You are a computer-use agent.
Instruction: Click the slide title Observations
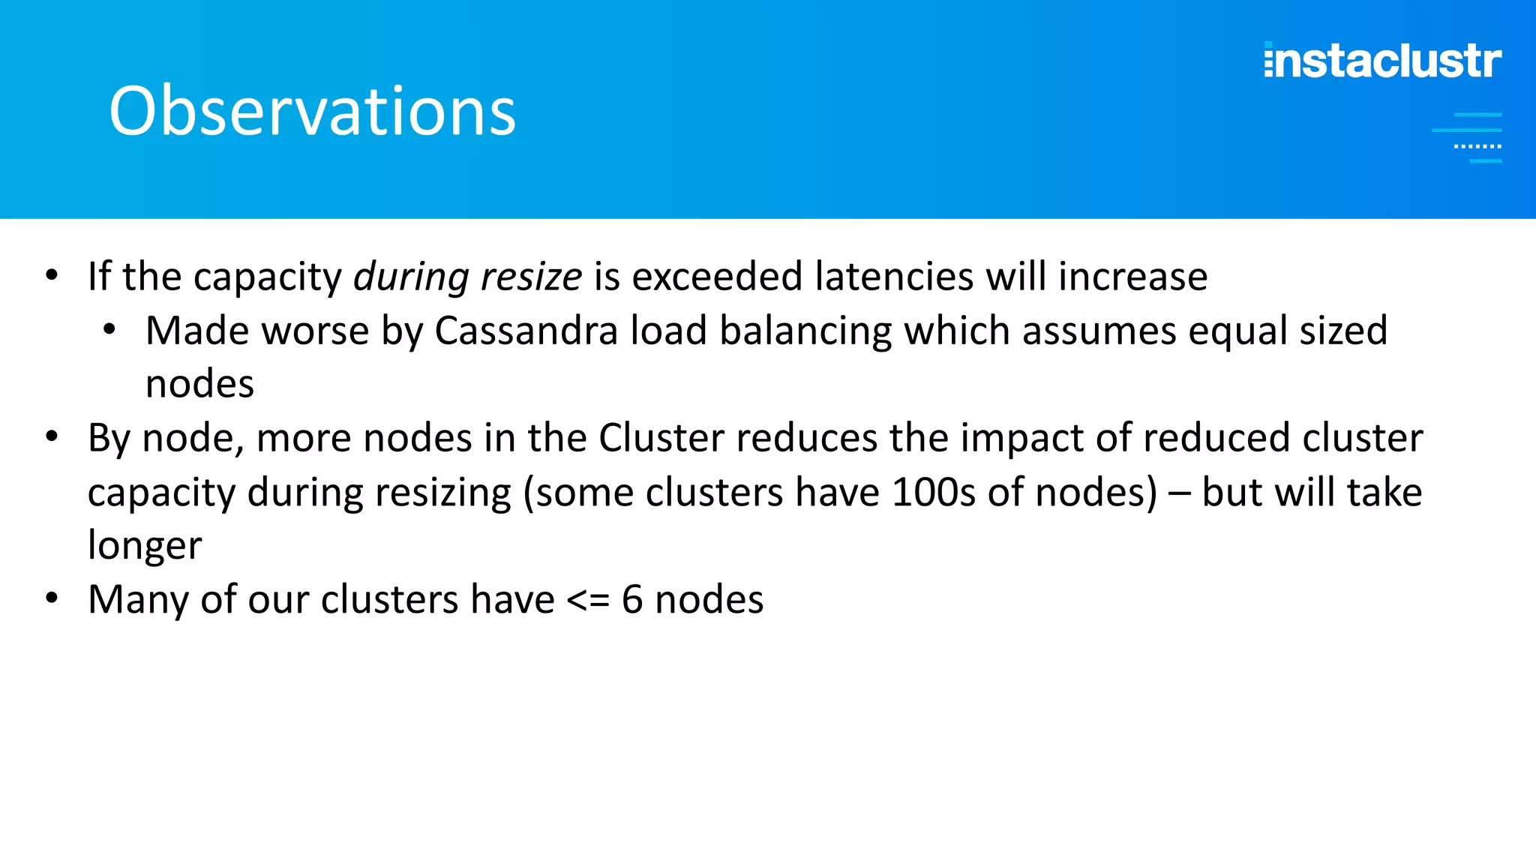[x=312, y=111]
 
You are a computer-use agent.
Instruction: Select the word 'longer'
[x=145, y=546]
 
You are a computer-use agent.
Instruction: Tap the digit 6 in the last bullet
[x=632, y=600]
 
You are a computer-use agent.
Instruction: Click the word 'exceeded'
[x=717, y=276]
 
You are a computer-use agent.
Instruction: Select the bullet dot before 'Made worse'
[x=110, y=329]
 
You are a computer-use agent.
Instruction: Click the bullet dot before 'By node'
[x=52, y=436]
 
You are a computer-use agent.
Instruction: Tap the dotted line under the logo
[x=1477, y=146]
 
